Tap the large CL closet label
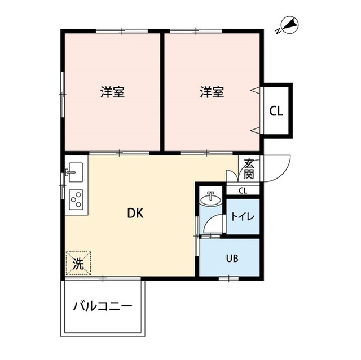[x=276, y=110]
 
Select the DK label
[x=134, y=214]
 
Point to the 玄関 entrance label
[x=248, y=168]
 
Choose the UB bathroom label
[x=232, y=259]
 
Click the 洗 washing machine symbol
[x=78, y=263]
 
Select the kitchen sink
[x=74, y=171]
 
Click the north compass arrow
[x=291, y=24]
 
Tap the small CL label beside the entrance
[x=243, y=190]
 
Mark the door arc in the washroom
[x=212, y=223]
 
